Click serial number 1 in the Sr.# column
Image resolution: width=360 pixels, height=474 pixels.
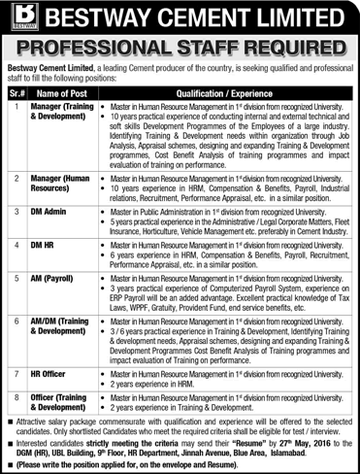[x=16, y=104]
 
